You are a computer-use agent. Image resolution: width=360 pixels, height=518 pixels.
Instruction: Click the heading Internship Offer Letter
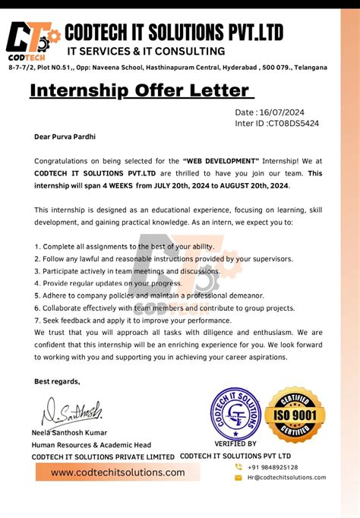[139, 91]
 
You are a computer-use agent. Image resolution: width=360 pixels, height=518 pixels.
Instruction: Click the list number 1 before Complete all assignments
[37, 247]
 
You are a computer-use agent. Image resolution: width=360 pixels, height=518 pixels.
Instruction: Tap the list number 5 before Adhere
[37, 295]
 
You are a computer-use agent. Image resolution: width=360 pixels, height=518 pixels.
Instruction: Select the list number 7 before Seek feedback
[37, 320]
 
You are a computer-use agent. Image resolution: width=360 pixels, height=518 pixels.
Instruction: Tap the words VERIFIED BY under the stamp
[235, 444]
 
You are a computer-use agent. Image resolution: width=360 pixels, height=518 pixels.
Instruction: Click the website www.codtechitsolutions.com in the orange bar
[118, 472]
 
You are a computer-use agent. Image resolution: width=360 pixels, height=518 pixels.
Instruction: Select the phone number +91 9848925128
[271, 467]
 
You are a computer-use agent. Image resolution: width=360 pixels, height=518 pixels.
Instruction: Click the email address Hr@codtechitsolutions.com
[286, 478]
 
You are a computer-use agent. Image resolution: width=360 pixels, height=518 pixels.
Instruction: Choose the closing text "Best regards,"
[57, 381]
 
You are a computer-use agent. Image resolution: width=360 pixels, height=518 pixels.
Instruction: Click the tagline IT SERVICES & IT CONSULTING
[147, 52]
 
